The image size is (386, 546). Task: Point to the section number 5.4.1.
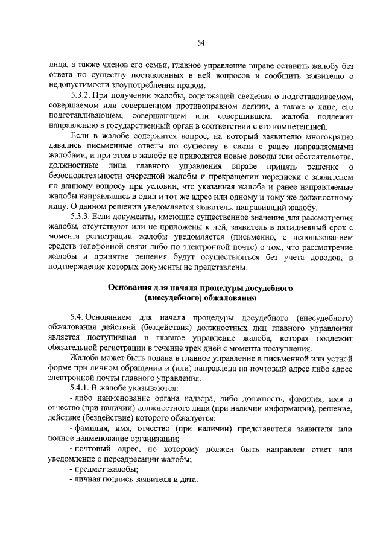[82, 387]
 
